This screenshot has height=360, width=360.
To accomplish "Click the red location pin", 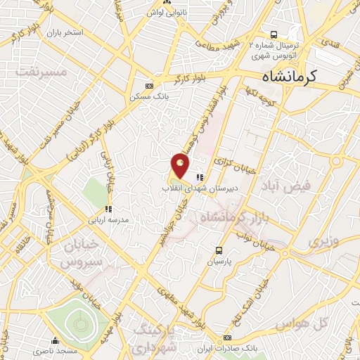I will tap(181, 165).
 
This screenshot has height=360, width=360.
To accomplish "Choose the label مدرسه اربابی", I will tap(108, 219).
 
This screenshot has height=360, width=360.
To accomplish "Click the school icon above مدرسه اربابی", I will tap(108, 209).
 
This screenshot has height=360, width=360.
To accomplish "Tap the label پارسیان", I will tap(219, 261).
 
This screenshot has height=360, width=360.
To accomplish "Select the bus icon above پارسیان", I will tap(219, 250).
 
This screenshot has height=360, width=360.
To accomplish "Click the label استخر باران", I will tap(65, 32).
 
